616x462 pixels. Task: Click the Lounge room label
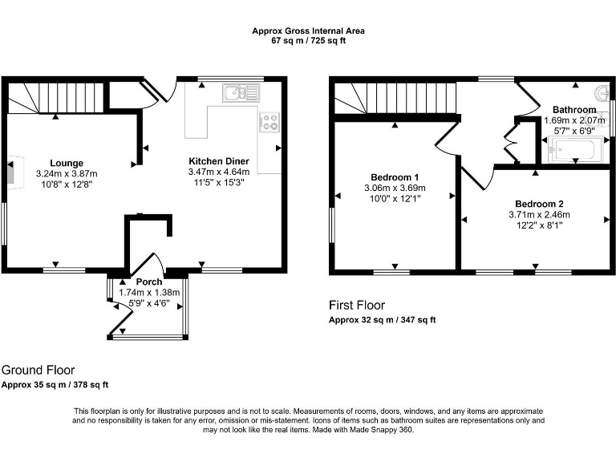click(x=66, y=163)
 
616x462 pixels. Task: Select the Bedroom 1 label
click(x=395, y=177)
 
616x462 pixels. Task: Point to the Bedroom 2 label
click(x=539, y=204)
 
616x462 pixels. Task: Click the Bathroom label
click(x=574, y=110)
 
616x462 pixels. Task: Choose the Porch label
click(x=149, y=282)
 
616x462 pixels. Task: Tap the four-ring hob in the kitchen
click(x=269, y=121)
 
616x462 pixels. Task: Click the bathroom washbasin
click(x=602, y=91)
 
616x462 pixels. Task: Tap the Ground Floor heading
click(x=38, y=371)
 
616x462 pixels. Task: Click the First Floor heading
click(x=357, y=306)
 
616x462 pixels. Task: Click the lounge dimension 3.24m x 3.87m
click(x=66, y=173)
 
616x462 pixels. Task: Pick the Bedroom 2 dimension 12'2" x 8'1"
click(x=539, y=225)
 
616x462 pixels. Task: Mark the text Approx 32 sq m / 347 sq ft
click(x=382, y=320)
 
